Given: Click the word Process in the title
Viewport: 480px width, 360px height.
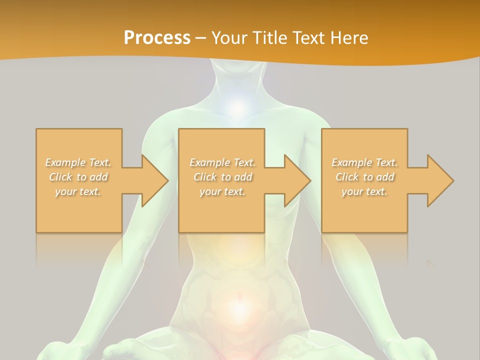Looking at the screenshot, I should (157, 38).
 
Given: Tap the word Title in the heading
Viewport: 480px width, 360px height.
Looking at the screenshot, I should (270, 38).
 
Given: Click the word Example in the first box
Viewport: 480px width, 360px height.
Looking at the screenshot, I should (65, 162).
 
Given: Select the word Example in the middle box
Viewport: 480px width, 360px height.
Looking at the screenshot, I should (209, 162).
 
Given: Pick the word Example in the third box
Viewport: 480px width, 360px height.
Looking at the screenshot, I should (351, 162).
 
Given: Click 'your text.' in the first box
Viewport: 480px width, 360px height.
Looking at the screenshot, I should (78, 191).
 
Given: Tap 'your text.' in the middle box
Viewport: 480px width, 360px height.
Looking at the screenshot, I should (222, 191).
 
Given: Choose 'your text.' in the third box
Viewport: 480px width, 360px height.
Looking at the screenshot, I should (364, 191).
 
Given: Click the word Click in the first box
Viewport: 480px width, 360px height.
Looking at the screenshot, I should (61, 177).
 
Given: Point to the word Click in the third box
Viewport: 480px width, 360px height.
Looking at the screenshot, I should (347, 177).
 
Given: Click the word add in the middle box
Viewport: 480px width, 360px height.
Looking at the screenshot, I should (243, 177).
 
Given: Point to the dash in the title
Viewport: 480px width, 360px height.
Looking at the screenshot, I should (200, 38).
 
